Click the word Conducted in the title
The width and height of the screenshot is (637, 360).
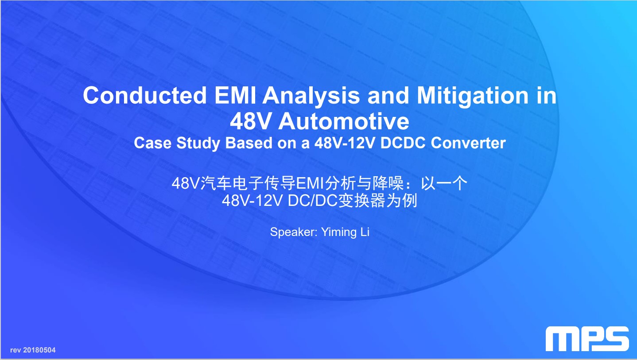point(145,95)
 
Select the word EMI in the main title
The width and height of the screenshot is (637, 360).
point(235,95)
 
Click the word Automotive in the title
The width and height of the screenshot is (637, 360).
point(344,121)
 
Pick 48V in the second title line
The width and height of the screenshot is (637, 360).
point(251,121)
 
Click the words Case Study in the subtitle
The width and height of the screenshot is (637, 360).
point(177,143)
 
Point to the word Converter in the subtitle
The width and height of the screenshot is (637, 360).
point(468,143)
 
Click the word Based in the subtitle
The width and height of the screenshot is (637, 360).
point(249,143)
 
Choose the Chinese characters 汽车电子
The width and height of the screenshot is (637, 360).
point(232,183)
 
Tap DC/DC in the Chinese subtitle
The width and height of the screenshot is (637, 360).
point(312,201)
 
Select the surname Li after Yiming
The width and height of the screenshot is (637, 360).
point(365,232)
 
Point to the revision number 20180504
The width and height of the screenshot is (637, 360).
point(39,350)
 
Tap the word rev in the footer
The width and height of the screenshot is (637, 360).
point(16,350)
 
